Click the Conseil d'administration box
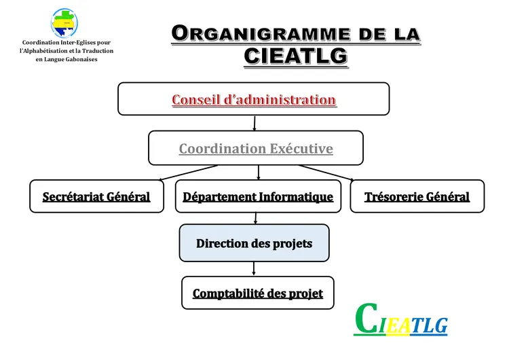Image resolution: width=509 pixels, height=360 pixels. pos(254,99)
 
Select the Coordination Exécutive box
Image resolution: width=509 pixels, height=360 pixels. pos(256,148)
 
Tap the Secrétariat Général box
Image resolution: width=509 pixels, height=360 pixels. pos(96,196)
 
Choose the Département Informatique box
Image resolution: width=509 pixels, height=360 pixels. pos(258,196)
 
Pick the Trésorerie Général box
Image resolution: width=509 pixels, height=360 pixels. pos(417,196)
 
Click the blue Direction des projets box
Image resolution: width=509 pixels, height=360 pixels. pos(254,242)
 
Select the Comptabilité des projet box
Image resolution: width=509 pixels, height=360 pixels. pos(258,293)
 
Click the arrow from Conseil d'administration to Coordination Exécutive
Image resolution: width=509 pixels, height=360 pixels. pos(254,123)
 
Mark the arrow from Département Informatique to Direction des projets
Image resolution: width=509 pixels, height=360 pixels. pos(255,218)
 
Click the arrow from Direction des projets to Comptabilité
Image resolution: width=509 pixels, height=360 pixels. pos(254,268)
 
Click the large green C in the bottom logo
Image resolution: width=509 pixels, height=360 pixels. pos(366,319)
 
